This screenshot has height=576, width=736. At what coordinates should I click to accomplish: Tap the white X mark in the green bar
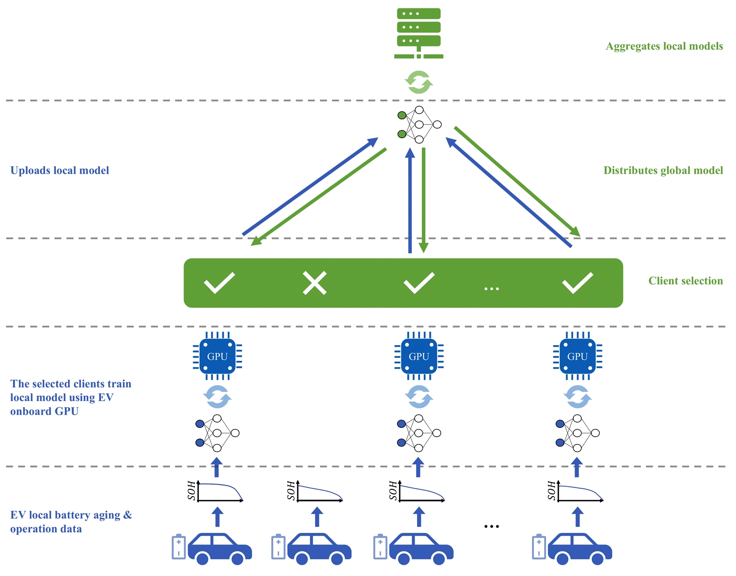315,283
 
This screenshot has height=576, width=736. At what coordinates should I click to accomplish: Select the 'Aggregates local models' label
664,46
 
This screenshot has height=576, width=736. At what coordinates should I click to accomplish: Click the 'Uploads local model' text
60,171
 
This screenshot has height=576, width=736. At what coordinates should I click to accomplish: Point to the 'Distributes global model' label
663,171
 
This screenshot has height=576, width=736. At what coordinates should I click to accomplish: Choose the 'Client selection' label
685,281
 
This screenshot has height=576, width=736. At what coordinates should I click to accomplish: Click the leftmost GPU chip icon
217,356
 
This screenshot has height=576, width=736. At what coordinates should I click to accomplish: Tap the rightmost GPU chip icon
578,356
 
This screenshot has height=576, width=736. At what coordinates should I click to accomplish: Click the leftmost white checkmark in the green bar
219,283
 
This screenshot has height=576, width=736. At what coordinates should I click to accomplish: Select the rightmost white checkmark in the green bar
578,283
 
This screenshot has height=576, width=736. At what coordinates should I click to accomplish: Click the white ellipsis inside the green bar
492,289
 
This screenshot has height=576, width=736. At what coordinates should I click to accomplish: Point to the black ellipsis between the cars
492,526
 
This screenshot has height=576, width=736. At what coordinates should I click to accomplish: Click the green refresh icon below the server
419,82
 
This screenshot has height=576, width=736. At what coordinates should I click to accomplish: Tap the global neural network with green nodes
419,125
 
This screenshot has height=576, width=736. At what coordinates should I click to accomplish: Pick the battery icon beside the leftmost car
179,547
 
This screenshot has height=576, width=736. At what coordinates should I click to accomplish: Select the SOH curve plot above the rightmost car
577,491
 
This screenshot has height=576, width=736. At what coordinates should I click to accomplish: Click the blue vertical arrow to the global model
410,201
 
